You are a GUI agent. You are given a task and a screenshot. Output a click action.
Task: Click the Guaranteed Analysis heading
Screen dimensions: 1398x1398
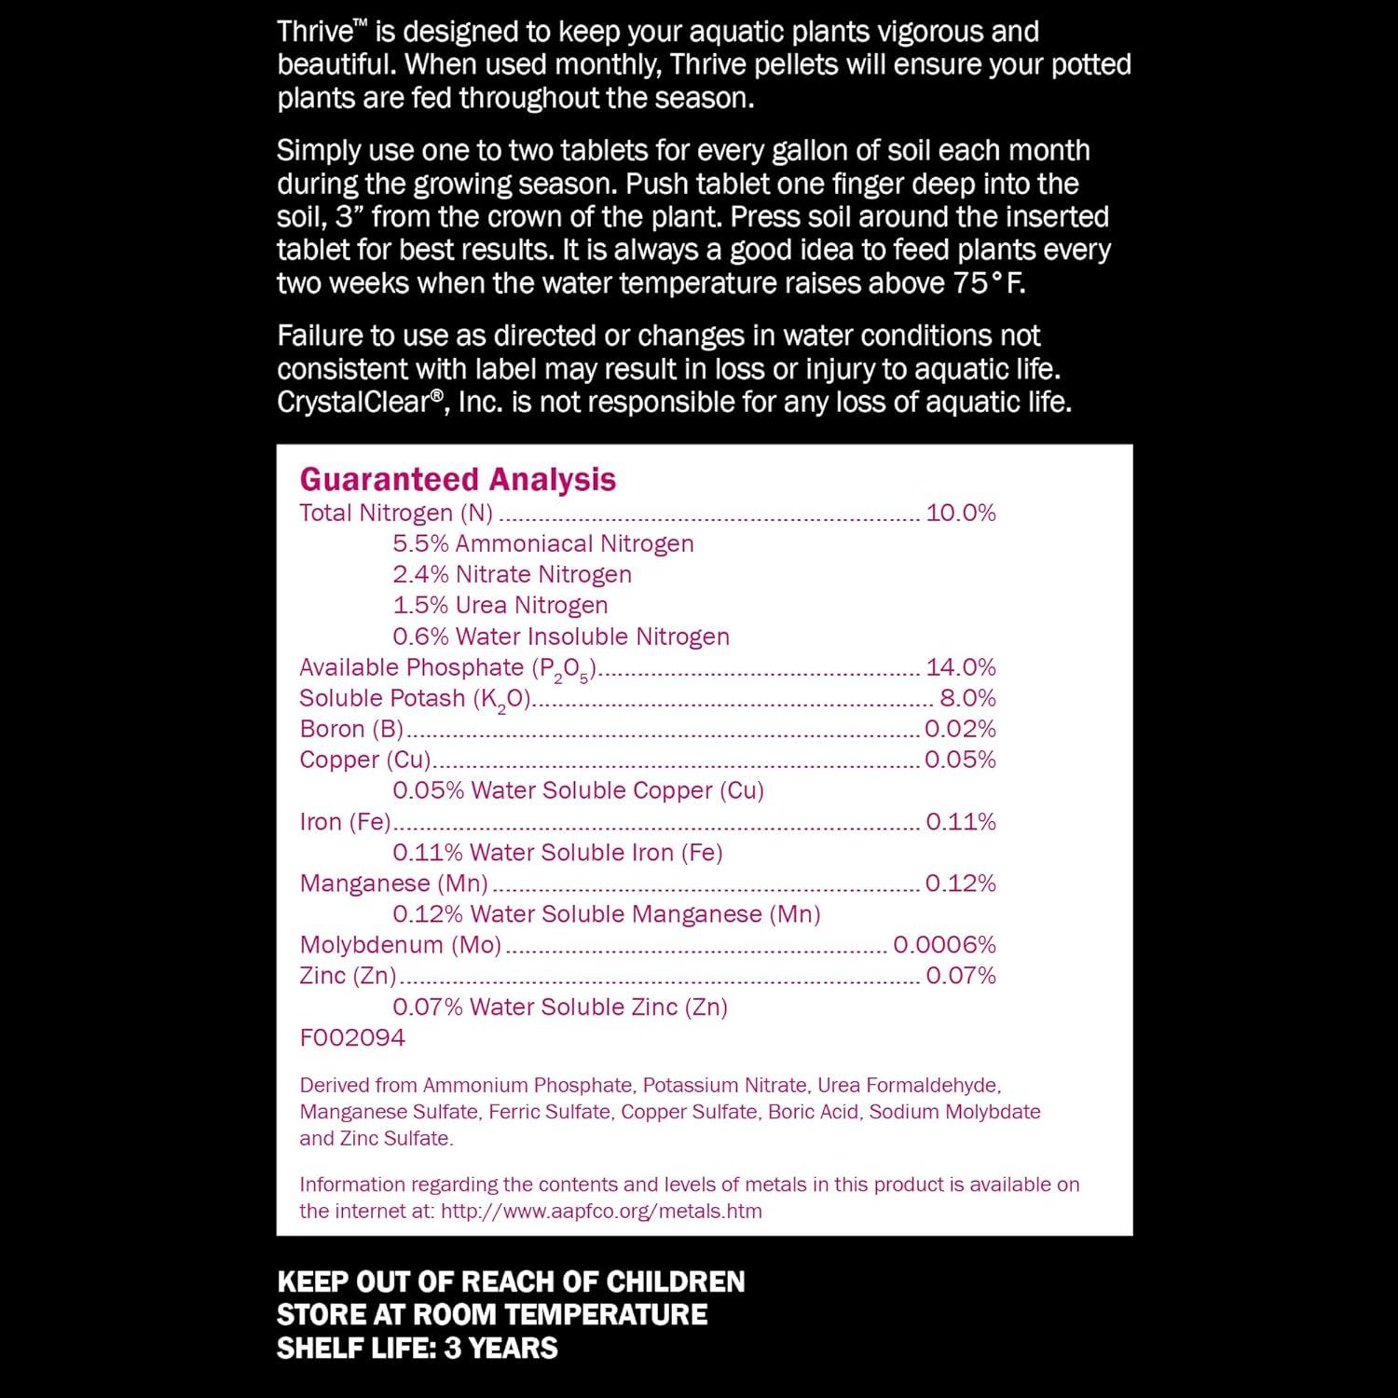[x=458, y=479]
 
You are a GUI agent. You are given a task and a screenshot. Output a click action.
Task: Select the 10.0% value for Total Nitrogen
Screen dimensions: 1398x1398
[x=961, y=513]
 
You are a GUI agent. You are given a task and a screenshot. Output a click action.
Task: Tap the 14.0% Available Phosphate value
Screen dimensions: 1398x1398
[x=961, y=667]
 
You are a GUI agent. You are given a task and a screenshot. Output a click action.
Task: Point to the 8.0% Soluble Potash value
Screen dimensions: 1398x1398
[x=967, y=698]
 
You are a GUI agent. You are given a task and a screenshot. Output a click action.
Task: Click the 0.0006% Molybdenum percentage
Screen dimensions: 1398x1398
[x=944, y=945]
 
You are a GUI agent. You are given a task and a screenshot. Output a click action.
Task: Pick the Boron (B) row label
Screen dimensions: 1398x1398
[x=351, y=729]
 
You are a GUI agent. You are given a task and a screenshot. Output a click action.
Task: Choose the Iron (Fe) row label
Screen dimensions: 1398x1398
[x=345, y=822]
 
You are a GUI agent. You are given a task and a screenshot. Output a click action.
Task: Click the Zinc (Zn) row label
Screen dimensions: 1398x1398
[x=348, y=976]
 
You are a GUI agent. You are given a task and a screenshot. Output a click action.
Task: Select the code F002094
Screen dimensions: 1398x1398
[x=352, y=1037]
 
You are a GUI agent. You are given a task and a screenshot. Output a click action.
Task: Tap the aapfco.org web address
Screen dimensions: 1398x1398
[x=601, y=1212]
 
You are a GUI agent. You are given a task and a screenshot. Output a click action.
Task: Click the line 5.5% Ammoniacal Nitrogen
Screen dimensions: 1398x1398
[x=543, y=543]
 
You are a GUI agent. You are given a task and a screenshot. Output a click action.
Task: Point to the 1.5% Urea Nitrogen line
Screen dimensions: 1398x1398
[x=500, y=605]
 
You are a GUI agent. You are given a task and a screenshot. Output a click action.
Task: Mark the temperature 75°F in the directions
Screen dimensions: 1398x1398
[x=989, y=283]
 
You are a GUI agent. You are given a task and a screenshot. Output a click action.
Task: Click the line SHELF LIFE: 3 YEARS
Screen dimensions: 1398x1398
[x=418, y=1348]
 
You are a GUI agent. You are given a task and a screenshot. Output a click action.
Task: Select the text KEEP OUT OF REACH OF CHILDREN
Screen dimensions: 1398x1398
[x=511, y=1281]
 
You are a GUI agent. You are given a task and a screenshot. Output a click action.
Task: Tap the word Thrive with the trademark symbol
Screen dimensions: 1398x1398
[x=315, y=32]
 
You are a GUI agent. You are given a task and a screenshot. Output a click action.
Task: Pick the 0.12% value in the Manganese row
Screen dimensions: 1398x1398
[x=961, y=884]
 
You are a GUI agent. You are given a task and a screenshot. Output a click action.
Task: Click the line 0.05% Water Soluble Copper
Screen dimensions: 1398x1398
[x=578, y=790]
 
